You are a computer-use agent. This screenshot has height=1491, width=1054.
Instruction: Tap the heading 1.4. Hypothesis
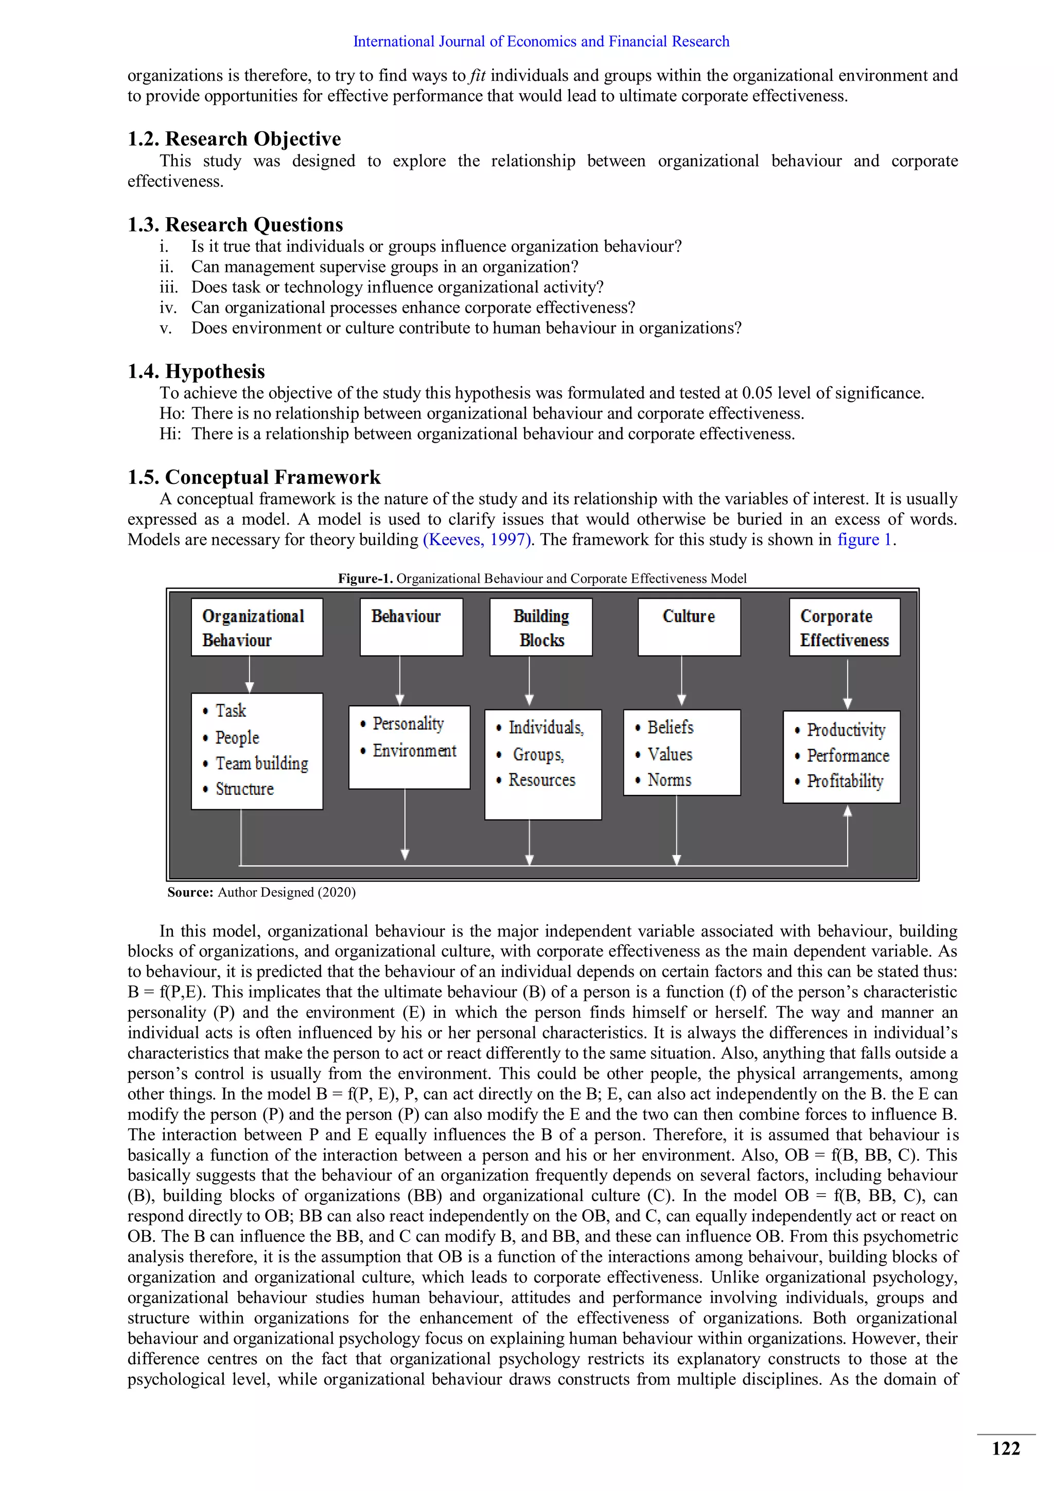(196, 371)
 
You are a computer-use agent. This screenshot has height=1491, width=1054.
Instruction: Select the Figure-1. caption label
(365, 579)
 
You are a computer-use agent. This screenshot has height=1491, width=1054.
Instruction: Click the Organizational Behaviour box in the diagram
(256, 627)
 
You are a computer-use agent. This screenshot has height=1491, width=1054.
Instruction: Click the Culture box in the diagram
(689, 627)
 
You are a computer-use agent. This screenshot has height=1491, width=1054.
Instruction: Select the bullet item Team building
(261, 764)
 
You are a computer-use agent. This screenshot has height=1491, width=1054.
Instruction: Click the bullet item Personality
(408, 724)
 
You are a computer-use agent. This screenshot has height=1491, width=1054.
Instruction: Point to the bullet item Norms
(669, 780)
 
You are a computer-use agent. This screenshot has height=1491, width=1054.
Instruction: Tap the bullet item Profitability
(845, 781)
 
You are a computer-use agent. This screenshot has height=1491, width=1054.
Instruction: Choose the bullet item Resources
(541, 780)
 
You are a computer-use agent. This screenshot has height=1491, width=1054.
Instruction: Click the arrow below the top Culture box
(681, 682)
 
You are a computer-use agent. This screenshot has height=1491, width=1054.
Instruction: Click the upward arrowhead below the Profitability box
(847, 811)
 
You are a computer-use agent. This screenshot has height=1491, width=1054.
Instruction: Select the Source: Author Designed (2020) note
(261, 892)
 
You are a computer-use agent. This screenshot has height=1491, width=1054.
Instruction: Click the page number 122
(1005, 1449)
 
